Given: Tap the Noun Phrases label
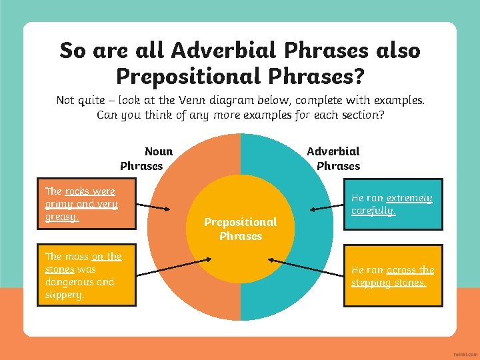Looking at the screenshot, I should (x=147, y=159).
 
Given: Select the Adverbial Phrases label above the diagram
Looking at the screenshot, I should (x=333, y=159).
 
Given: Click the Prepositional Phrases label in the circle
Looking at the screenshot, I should (x=240, y=229).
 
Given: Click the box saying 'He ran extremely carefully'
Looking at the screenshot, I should (x=393, y=205).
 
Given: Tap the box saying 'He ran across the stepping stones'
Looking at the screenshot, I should (x=393, y=276).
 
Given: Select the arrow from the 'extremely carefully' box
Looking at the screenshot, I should (x=326, y=208).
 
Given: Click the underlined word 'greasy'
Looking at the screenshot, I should (x=61, y=217).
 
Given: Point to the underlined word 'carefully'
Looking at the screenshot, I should (x=373, y=211).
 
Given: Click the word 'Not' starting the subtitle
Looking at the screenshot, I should (x=65, y=101).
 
